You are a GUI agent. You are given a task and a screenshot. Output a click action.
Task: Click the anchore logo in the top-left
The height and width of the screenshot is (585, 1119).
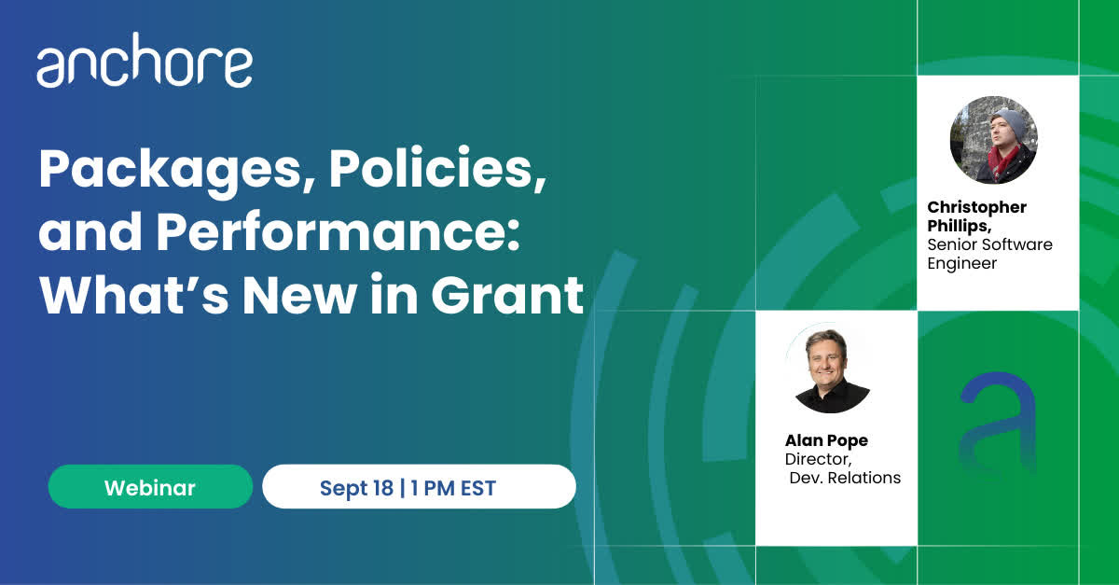tap(145, 61)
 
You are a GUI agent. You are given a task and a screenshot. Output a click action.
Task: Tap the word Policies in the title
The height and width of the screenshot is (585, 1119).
tap(437, 169)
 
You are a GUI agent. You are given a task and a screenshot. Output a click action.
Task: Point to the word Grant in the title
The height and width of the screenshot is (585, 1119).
tap(507, 295)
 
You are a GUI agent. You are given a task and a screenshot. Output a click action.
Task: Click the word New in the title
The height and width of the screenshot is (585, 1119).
tap(299, 295)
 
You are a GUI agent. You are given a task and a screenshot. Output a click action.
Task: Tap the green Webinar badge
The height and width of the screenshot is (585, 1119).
tap(150, 487)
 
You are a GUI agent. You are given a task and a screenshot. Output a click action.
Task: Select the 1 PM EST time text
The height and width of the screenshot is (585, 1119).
tap(453, 488)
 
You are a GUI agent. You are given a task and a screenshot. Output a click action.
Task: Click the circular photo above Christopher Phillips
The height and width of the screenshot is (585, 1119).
tap(994, 140)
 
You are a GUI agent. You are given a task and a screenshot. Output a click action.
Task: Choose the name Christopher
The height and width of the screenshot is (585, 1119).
tap(976, 207)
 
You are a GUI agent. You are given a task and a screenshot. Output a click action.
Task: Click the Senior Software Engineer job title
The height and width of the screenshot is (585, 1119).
tap(989, 254)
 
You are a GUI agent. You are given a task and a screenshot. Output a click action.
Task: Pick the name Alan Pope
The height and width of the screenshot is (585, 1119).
tap(826, 440)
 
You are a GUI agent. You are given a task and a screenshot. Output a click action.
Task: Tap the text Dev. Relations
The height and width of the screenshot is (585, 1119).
tap(845, 478)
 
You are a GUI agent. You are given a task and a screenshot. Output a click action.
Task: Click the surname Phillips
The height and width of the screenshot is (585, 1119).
tap(960, 226)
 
